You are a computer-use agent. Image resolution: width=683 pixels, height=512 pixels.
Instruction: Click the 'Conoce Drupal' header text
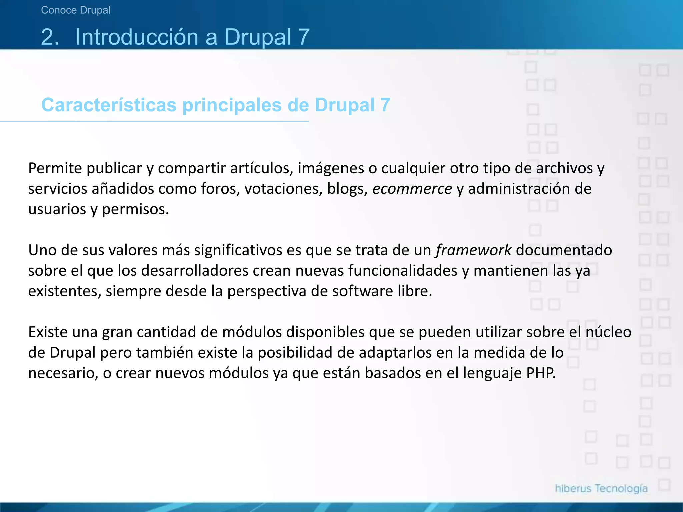(x=76, y=10)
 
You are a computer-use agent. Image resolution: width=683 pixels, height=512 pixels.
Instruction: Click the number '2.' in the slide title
(x=50, y=37)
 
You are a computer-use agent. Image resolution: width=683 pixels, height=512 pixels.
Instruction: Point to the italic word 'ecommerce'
(x=412, y=189)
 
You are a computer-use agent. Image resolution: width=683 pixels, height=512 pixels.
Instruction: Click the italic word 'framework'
(x=473, y=250)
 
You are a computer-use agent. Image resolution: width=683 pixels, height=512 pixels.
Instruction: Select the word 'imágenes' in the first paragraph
(x=330, y=168)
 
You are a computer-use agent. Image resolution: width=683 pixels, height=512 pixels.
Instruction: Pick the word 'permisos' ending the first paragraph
(x=135, y=210)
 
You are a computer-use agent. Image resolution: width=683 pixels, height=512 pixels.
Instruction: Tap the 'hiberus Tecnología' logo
(x=601, y=489)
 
